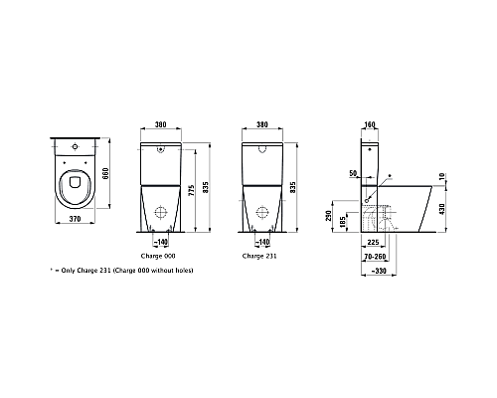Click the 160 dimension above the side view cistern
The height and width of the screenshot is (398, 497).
370,126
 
